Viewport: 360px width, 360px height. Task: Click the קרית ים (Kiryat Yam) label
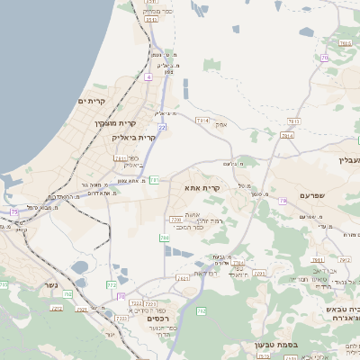click(x=91, y=101)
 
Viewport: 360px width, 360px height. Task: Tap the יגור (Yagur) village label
click(x=110, y=334)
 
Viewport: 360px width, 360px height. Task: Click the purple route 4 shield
click(x=148, y=76)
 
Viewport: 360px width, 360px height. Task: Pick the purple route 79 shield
click(x=282, y=201)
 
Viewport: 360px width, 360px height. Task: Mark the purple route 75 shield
click(x=13, y=211)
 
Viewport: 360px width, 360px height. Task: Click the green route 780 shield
click(x=164, y=238)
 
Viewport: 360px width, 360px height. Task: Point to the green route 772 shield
click(x=112, y=284)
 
